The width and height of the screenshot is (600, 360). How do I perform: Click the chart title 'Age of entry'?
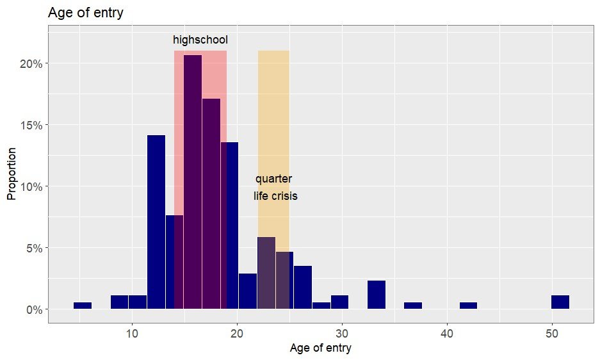click(86, 12)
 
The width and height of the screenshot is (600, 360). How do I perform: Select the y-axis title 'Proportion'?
click(11, 174)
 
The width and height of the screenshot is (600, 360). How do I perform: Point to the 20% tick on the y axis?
click(31, 63)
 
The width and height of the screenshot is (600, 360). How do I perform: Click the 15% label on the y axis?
click(31, 125)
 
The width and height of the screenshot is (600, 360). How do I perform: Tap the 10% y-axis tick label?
click(31, 186)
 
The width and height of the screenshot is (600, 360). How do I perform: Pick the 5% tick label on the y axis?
click(33, 248)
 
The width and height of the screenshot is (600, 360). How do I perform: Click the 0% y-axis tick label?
click(33, 309)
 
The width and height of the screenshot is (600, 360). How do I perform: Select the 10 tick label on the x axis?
click(132, 333)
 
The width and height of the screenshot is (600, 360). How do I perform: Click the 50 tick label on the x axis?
click(552, 333)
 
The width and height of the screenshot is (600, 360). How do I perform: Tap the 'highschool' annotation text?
click(200, 40)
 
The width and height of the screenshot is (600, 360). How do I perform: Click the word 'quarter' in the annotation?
click(274, 179)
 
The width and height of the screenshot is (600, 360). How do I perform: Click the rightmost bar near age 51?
click(560, 302)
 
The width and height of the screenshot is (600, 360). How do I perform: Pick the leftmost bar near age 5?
click(83, 306)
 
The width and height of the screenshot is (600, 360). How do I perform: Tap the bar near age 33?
click(377, 295)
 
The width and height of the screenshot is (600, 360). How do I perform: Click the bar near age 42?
click(468, 306)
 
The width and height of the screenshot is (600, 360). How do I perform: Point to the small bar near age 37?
click(413, 306)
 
